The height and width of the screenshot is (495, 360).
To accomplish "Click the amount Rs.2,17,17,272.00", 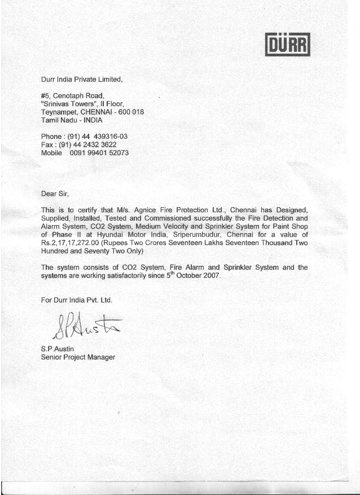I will pos(73,243).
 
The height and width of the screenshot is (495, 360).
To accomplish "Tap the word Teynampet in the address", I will pos(60,112).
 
